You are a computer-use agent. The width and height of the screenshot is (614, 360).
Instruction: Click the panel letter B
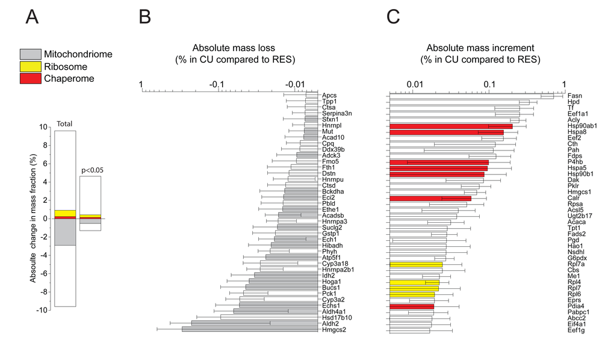coord(144,17)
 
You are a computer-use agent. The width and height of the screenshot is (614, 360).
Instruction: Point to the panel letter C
coord(393,17)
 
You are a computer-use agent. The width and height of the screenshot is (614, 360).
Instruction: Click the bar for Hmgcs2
coord(250,329)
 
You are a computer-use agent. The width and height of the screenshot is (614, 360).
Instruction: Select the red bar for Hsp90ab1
coord(451,126)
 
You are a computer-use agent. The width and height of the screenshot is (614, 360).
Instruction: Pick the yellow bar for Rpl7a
coord(416,264)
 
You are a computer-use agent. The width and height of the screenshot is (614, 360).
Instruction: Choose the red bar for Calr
coord(430,198)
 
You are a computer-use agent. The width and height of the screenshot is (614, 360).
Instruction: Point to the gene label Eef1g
coord(575,330)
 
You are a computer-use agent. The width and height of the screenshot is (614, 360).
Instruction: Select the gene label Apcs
coord(329,95)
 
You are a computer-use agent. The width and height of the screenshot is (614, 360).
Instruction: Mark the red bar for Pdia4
coord(412,306)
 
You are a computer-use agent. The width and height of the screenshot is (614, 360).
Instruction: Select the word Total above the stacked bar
coord(64,124)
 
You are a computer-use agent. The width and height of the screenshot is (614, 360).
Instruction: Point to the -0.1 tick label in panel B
coord(217,84)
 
